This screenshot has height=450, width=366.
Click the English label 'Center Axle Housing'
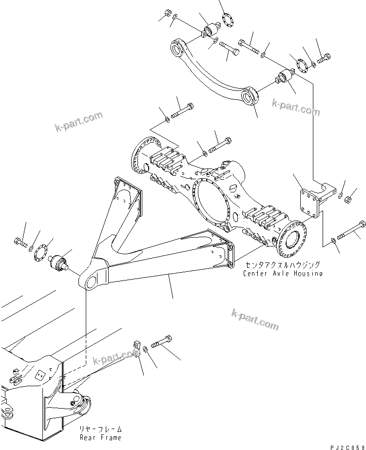[x=283, y=274]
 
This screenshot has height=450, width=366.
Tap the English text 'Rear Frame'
[x=101, y=438]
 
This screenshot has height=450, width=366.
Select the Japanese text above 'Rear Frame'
[x=101, y=430]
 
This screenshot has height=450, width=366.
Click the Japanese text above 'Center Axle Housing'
[x=283, y=265]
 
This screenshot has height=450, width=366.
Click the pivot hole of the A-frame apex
[x=91, y=282]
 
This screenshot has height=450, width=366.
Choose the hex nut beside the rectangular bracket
[x=346, y=199]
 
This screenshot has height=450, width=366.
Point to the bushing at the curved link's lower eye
[x=284, y=77]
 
